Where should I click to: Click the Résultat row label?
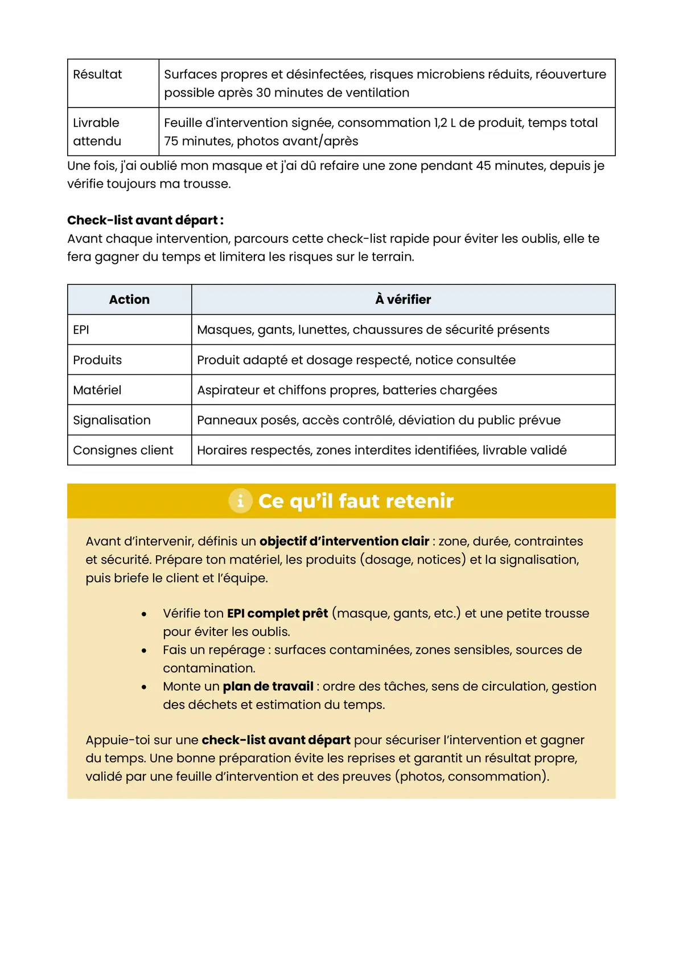pos(97,75)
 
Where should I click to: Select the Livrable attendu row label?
pos(97,131)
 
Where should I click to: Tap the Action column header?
pos(129,299)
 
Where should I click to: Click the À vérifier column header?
pos(403,299)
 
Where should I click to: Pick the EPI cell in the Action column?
pos(81,329)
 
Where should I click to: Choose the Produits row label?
pos(97,360)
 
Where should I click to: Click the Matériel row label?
pos(97,390)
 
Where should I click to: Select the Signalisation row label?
pos(112,420)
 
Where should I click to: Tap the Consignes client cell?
pos(123,450)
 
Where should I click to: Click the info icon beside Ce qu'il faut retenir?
pos(240,501)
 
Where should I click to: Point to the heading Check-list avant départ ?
pos(145,220)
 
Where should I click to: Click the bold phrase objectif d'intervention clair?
pos(344,541)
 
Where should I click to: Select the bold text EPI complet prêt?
pos(277,613)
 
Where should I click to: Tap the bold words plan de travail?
pos(268,686)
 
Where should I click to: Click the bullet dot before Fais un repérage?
pos(144,650)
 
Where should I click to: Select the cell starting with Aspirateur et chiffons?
pos(347,390)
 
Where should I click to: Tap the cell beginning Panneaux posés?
pos(378,420)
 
